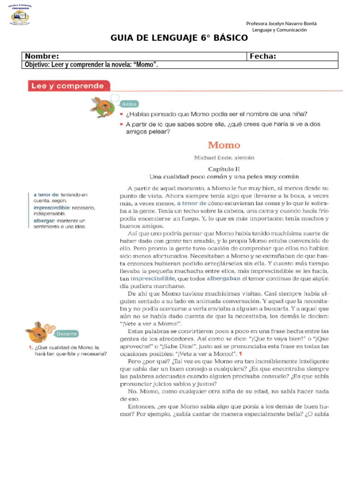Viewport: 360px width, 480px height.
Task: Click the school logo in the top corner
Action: point(20,15)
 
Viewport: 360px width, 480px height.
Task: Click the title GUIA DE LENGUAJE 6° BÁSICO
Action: point(180,38)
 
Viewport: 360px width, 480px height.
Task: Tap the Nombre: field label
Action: point(42,56)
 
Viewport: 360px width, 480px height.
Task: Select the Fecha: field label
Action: point(262,56)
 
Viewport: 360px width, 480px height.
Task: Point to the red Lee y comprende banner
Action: point(67,86)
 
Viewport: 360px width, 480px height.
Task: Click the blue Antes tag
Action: point(129,104)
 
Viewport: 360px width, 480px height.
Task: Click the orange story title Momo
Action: point(224,145)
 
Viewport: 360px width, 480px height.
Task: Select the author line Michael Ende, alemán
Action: point(224,158)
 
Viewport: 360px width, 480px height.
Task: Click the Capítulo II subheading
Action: point(224,168)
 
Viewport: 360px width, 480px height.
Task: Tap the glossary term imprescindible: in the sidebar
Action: point(51,207)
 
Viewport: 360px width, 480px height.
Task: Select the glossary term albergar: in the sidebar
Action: point(45,220)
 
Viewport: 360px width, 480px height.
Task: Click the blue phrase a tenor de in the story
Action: point(192,203)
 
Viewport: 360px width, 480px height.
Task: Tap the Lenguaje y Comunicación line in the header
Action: point(279,30)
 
